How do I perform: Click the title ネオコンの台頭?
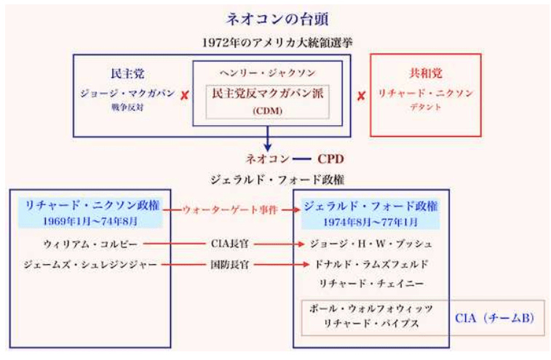pyautogui.click(x=276, y=18)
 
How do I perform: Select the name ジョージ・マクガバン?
pyautogui.click(x=127, y=94)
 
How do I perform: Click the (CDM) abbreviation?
pyautogui.click(x=267, y=110)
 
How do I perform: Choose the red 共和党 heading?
pyautogui.click(x=426, y=73)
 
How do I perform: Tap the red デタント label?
pyautogui.click(x=426, y=107)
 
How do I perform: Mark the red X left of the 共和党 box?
pyautogui.click(x=361, y=95)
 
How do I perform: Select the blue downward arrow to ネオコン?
pyautogui.click(x=268, y=138)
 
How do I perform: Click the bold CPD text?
pyautogui.click(x=329, y=158)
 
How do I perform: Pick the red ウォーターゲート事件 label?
pyautogui.click(x=231, y=210)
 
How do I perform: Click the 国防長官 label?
pyautogui.click(x=231, y=265)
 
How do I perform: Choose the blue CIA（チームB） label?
pyautogui.click(x=497, y=318)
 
